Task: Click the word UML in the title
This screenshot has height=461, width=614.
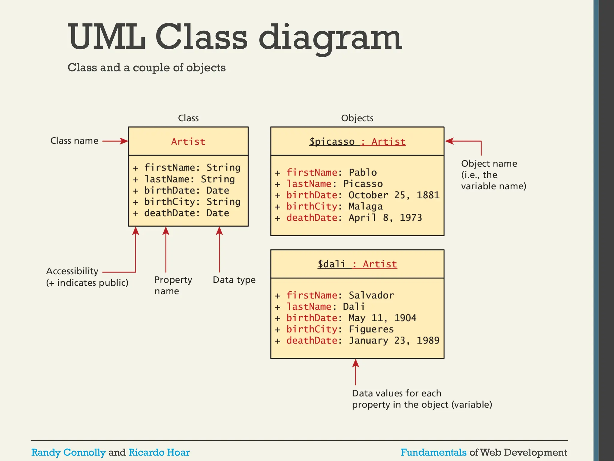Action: [x=106, y=38]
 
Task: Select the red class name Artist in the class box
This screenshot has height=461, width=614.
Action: [x=188, y=141]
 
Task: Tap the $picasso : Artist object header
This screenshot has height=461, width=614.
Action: [x=357, y=141]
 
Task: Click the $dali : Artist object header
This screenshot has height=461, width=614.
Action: [x=357, y=264]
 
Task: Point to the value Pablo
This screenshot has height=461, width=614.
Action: [x=362, y=173]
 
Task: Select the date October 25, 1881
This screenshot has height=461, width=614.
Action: [x=394, y=195]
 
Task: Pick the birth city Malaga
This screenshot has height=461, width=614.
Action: [x=365, y=206]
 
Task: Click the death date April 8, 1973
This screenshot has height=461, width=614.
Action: [x=385, y=218]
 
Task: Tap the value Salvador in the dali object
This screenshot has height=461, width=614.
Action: [x=371, y=295]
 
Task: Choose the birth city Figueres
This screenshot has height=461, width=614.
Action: [x=371, y=329]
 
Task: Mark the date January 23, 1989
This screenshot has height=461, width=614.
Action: [x=394, y=341]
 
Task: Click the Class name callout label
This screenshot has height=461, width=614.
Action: [x=74, y=141]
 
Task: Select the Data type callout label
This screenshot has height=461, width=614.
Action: [x=234, y=280]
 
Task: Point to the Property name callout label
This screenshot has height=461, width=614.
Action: [x=173, y=285]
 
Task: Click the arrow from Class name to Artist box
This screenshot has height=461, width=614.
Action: [x=115, y=141]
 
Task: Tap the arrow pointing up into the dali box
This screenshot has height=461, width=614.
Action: [x=356, y=372]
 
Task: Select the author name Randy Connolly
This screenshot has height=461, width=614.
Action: [x=68, y=452]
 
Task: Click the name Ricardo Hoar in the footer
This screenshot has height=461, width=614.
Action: [x=159, y=452]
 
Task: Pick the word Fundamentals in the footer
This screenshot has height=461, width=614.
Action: [x=434, y=452]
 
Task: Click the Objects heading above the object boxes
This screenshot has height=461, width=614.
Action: [x=357, y=118]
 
